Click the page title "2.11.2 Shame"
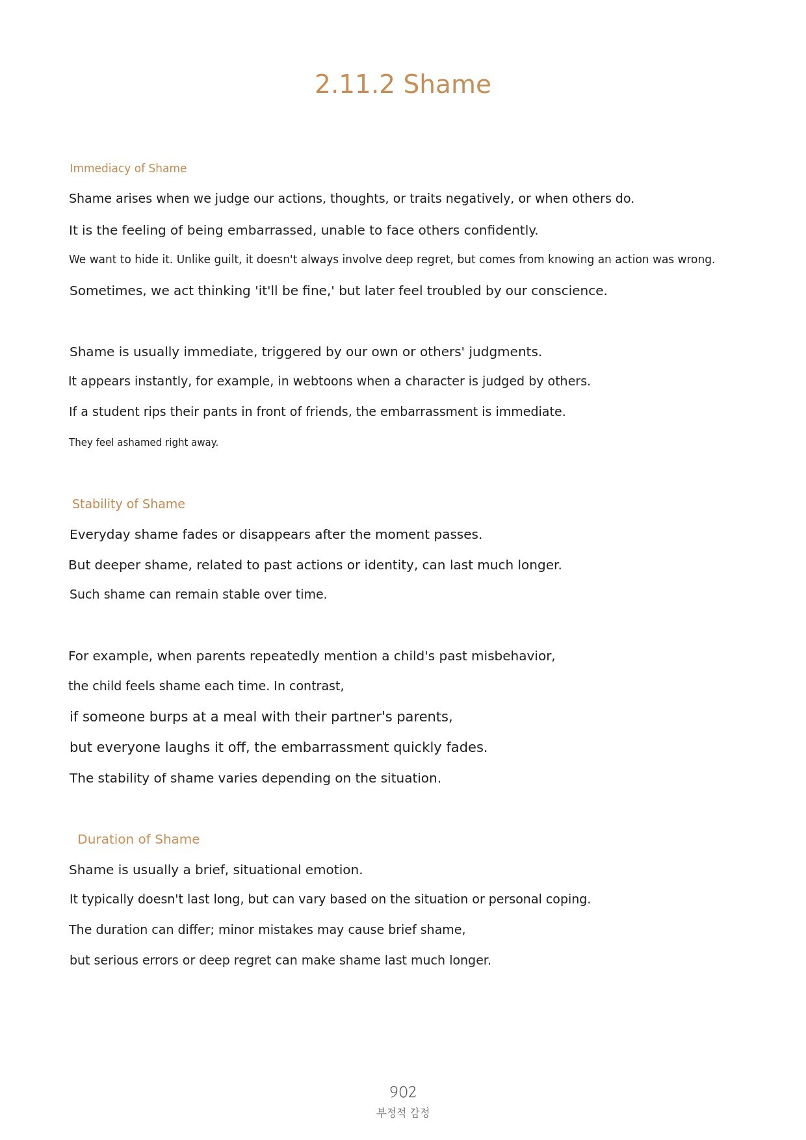coord(402,84)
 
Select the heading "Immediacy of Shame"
coord(128,168)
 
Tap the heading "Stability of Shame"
coord(128,504)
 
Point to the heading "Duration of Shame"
coord(138,839)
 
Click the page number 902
coord(402,1092)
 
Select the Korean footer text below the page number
coord(402,1113)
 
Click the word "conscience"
coord(569,291)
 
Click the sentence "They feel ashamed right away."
coord(144,443)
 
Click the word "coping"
coord(570,900)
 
